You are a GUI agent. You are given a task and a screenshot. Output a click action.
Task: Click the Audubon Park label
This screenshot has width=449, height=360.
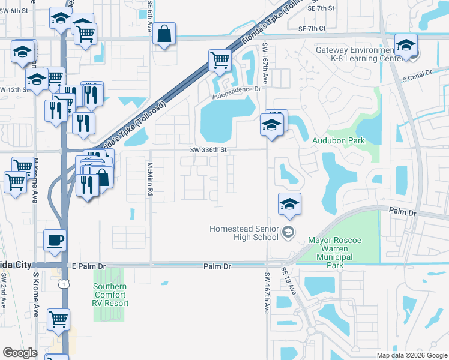338,140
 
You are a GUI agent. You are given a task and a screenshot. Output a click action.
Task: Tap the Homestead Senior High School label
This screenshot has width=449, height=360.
244,233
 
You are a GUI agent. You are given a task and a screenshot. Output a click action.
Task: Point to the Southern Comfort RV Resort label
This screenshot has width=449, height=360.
110,295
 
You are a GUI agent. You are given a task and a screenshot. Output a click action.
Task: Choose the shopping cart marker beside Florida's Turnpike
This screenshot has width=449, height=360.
220,60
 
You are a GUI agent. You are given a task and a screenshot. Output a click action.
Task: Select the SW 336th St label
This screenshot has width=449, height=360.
209,150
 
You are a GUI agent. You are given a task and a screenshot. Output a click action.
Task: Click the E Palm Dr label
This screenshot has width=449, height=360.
88,266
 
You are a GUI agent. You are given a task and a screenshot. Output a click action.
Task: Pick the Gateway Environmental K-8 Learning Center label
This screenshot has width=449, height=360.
355,54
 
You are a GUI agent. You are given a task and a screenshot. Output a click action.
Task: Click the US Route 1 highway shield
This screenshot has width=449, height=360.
63,284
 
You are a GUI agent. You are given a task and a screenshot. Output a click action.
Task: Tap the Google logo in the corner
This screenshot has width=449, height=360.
20,353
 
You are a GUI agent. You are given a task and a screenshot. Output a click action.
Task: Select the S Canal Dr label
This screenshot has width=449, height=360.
417,76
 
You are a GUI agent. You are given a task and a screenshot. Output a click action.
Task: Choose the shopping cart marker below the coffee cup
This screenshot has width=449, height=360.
58,319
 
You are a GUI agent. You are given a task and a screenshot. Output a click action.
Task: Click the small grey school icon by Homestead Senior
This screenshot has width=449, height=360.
288,232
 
